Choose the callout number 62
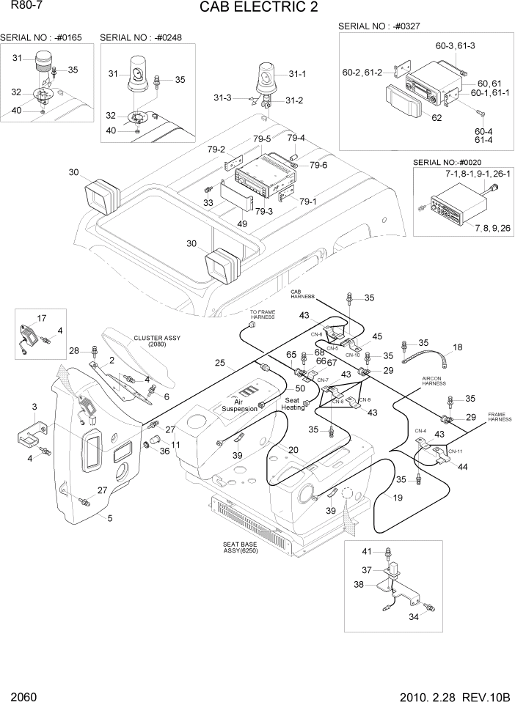(x=436, y=117)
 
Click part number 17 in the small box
(x=41, y=318)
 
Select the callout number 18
(x=457, y=347)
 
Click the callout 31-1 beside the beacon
(x=297, y=74)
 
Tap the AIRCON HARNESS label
(x=434, y=382)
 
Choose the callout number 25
(x=219, y=363)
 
